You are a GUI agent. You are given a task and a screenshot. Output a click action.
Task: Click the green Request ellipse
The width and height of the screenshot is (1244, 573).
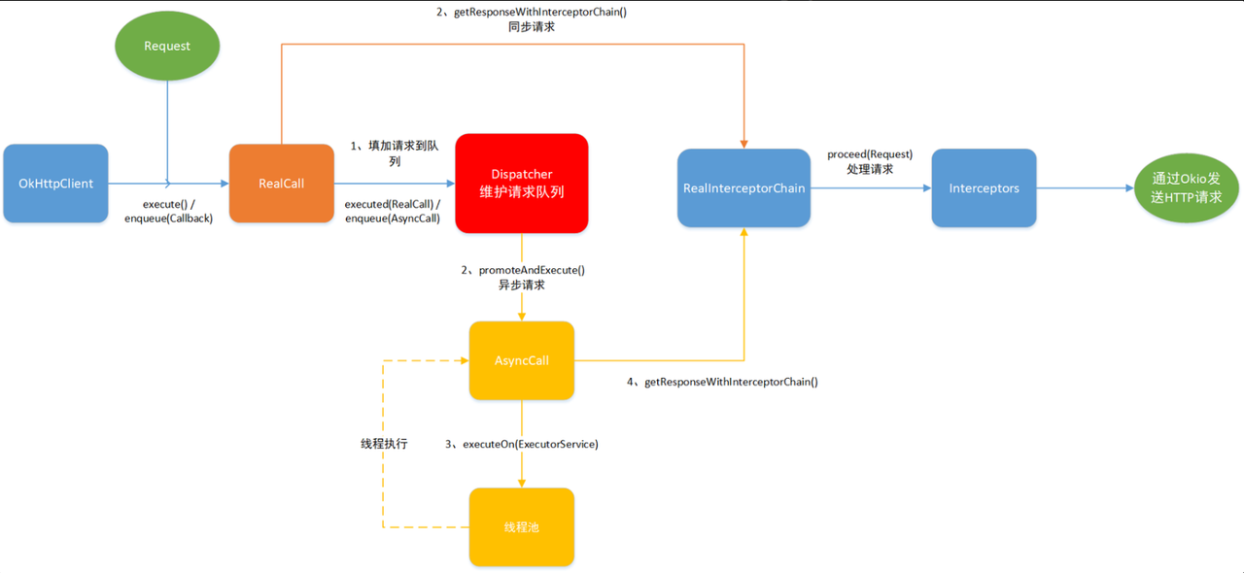coord(167,46)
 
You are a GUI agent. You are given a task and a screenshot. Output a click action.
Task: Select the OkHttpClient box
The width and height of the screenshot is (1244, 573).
coord(55,184)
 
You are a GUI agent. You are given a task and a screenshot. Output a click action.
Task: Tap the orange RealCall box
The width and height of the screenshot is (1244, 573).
coord(282,184)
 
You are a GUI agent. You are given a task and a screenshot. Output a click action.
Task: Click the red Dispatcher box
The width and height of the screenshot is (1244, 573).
coord(522,184)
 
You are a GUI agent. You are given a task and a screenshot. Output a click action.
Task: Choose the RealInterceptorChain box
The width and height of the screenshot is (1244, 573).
coord(743,187)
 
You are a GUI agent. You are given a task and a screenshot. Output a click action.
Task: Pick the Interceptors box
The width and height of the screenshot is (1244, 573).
coord(984,187)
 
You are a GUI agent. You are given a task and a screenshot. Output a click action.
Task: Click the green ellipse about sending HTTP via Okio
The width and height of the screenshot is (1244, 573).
coord(1187,187)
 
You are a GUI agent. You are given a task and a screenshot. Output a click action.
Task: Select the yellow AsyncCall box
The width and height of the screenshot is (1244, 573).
coord(522,360)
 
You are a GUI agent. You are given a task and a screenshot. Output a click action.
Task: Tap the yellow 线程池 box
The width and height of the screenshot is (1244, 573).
coord(522,527)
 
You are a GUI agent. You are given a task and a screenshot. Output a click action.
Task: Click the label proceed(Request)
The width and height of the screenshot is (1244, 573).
coord(870,154)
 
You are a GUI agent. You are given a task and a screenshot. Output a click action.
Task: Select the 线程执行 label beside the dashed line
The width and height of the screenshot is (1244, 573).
coord(384,444)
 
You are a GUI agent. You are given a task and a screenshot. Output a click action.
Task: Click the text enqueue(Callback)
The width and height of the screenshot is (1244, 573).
coord(168,219)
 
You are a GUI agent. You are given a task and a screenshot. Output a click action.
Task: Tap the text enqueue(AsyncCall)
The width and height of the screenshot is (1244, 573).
coord(393,219)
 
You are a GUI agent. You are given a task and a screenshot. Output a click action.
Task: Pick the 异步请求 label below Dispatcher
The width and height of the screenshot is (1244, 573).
coord(521,286)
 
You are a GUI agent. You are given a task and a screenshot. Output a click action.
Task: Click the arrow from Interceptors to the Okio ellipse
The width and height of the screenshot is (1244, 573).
coord(1084,188)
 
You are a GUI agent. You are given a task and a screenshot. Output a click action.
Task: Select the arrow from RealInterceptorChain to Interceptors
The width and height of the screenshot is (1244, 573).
coord(870,188)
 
